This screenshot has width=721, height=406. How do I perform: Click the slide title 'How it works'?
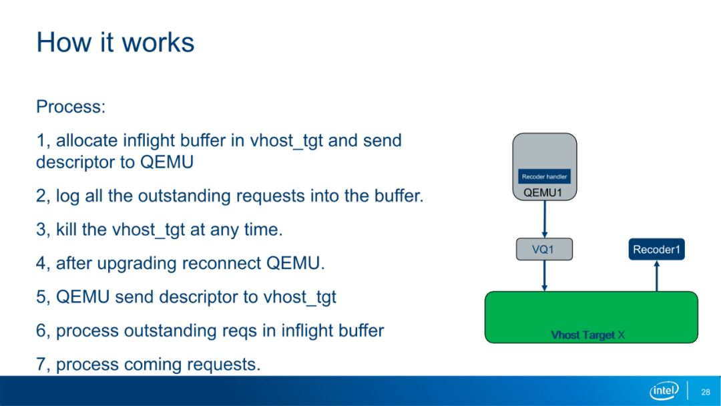(115, 42)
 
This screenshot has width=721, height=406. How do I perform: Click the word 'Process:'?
(71, 107)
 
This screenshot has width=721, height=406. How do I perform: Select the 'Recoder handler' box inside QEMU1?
(545, 176)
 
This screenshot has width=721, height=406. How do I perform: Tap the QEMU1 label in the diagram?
(543, 193)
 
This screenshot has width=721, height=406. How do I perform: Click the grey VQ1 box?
(545, 249)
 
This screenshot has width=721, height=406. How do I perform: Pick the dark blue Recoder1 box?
(657, 249)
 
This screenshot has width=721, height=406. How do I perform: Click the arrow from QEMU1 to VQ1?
(545, 219)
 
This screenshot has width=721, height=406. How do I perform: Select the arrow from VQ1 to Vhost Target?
(545, 276)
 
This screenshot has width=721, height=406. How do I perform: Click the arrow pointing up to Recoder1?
(657, 276)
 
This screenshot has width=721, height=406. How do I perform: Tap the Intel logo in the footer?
(664, 391)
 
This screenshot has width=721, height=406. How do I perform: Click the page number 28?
(706, 392)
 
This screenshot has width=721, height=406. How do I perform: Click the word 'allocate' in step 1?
(87, 140)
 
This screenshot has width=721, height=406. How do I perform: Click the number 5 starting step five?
(41, 297)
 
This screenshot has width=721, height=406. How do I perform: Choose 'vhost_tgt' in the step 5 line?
(299, 297)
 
